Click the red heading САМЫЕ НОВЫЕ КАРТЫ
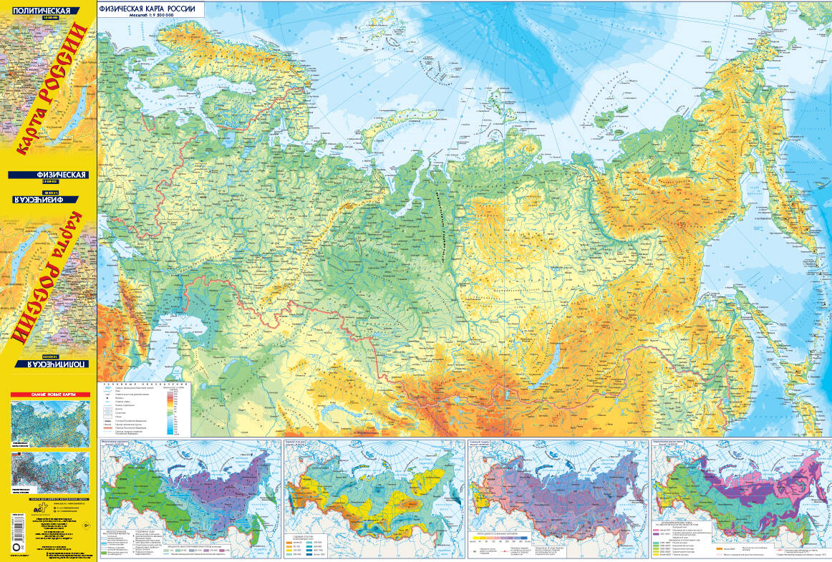coord(49,395)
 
